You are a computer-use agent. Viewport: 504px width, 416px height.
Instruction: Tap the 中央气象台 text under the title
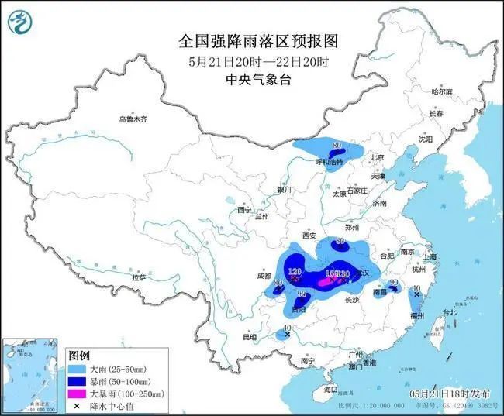click(x=252, y=80)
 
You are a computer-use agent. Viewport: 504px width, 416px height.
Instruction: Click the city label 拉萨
click(x=139, y=277)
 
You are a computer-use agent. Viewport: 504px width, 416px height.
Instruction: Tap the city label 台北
click(x=449, y=312)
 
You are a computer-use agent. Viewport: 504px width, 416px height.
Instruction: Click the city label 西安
click(x=311, y=236)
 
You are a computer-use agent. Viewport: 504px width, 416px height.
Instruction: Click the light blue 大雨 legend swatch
click(x=79, y=369)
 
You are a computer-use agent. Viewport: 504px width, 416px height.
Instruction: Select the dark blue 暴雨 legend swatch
click(x=79, y=381)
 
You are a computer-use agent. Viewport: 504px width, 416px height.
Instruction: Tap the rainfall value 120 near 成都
click(x=294, y=273)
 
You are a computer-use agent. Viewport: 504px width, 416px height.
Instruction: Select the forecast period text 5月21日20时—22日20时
click(x=252, y=60)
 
